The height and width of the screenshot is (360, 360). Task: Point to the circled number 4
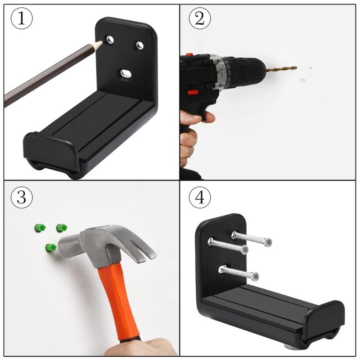click(201, 198)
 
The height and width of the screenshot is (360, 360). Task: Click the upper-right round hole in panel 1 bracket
click(139, 45)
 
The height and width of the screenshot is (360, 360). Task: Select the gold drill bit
click(281, 69)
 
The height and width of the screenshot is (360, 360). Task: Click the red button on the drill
click(193, 92)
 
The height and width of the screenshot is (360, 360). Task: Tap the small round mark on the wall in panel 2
click(310, 68)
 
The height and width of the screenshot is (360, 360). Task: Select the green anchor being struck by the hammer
click(51, 247)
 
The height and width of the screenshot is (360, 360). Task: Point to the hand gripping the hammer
click(144, 346)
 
